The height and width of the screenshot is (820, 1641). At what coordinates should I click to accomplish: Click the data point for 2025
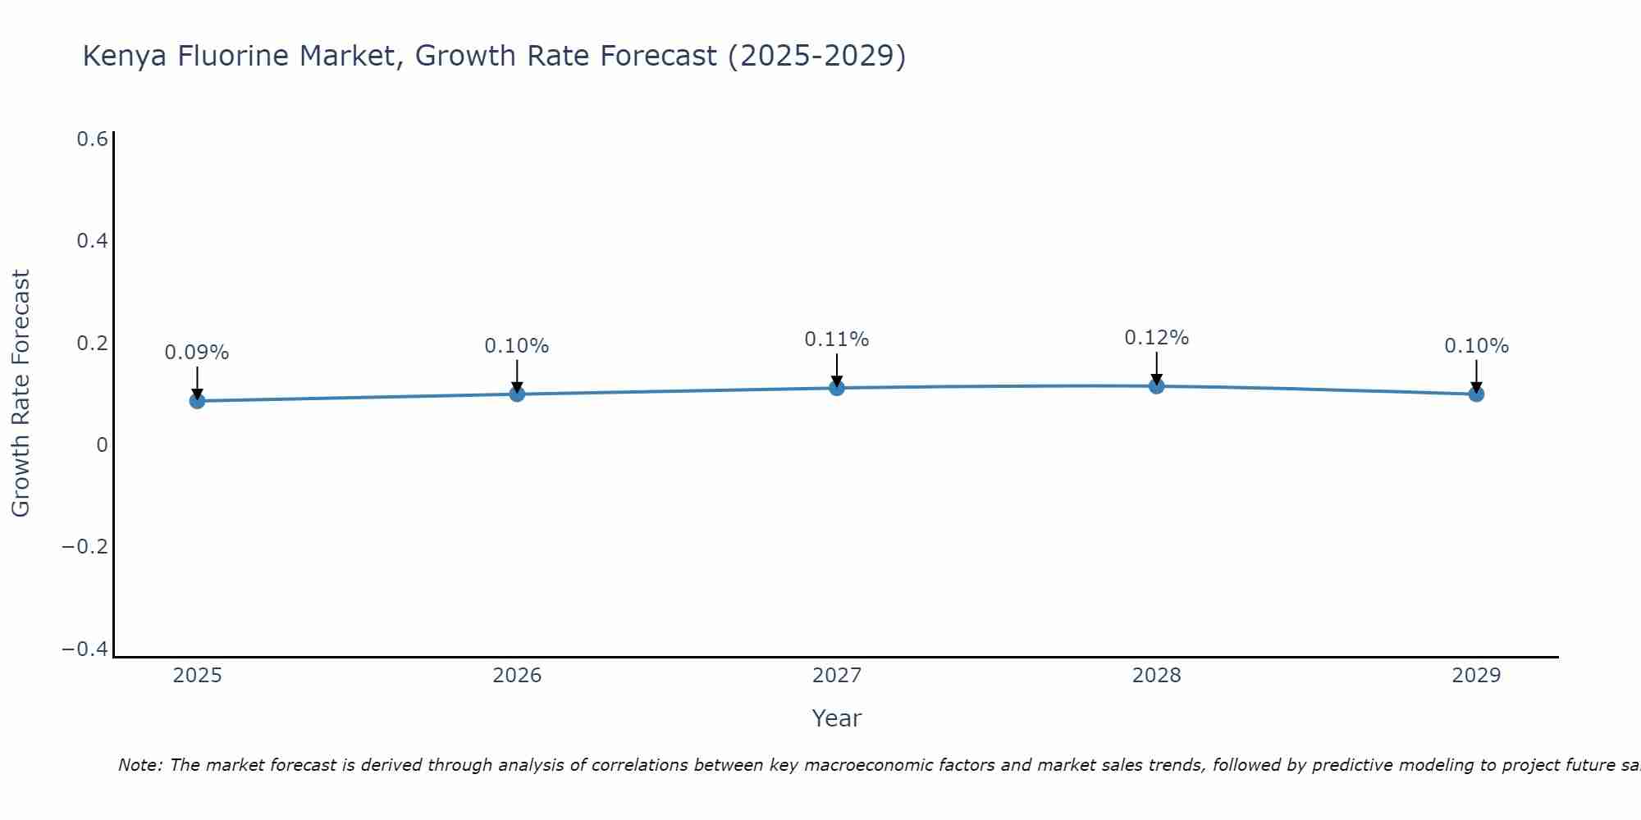tap(197, 400)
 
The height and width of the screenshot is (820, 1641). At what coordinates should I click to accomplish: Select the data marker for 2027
tap(836, 387)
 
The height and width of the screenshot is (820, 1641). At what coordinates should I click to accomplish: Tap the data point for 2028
tap(1156, 385)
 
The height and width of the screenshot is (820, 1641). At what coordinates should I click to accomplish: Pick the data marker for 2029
tap(1476, 394)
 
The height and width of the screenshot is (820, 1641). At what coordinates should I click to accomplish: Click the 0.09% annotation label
tap(197, 353)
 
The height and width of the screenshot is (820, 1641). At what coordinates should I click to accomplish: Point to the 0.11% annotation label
tap(836, 339)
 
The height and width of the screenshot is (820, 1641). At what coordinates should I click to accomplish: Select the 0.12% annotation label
tap(1156, 338)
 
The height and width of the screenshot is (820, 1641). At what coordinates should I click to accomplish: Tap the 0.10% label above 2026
tap(516, 346)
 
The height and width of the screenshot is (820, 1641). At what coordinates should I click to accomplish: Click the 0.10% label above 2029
tap(1476, 346)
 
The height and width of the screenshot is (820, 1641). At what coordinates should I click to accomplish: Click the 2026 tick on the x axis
tap(516, 676)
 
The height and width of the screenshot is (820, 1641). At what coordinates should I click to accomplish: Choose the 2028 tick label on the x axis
tap(1156, 676)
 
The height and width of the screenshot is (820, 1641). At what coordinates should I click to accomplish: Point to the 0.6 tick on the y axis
tap(92, 139)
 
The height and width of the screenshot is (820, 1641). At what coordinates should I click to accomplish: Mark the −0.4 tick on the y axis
tap(85, 649)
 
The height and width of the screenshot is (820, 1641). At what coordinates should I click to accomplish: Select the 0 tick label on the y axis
tap(102, 445)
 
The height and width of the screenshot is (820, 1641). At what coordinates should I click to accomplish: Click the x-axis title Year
tap(836, 719)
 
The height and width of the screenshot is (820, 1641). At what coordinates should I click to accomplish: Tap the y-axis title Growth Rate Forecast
tap(21, 394)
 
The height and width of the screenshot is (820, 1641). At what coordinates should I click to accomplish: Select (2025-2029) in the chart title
tap(816, 57)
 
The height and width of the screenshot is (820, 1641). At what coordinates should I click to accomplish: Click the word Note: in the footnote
tap(140, 765)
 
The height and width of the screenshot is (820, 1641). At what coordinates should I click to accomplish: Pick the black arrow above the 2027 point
tap(836, 370)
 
